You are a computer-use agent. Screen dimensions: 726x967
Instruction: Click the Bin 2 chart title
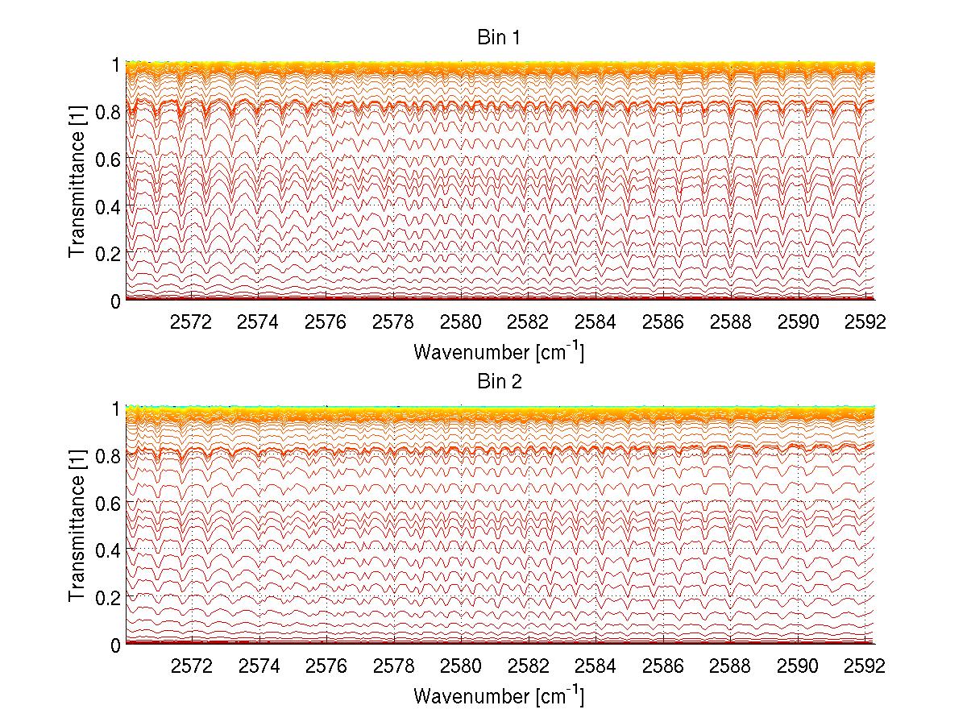point(500,382)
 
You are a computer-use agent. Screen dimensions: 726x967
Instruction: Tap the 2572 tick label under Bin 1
point(191,322)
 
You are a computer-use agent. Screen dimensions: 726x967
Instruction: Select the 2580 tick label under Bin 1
point(461,322)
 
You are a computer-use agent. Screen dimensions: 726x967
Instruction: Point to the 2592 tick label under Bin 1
point(865,322)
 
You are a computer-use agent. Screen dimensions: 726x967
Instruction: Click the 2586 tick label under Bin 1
point(662,322)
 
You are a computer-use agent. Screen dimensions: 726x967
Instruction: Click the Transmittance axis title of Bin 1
point(78,182)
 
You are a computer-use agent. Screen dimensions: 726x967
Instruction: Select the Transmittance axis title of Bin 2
point(78,527)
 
